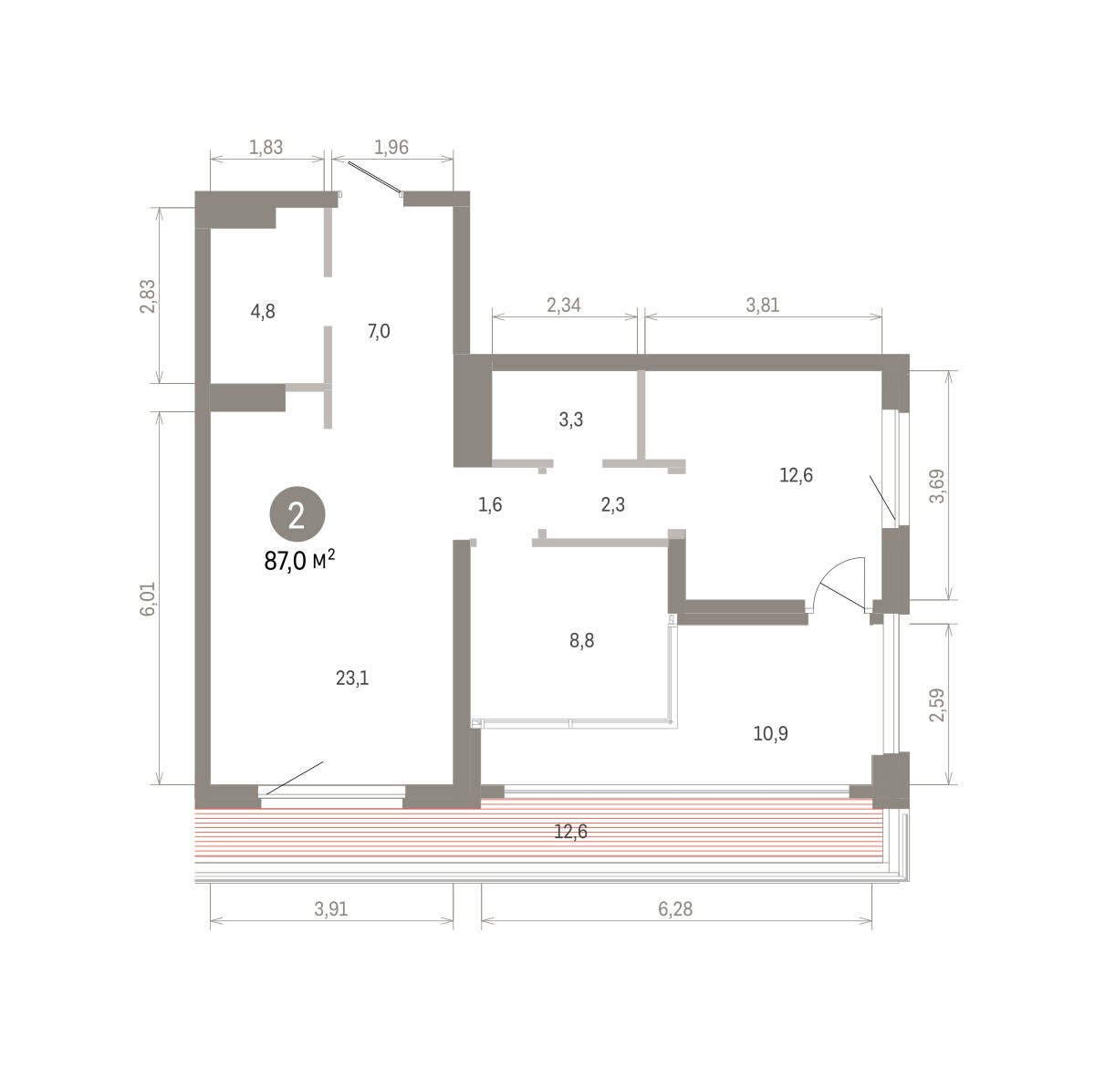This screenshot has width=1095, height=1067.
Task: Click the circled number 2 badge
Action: [297, 514]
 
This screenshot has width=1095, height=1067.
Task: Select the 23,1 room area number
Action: [352, 679]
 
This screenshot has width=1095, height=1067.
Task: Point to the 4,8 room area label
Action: [263, 312]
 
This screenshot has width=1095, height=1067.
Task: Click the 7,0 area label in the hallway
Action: [379, 332]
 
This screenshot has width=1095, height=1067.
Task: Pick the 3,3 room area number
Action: [570, 420]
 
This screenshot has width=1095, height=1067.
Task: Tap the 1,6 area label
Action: [490, 505]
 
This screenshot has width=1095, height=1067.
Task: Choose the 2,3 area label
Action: [613, 505]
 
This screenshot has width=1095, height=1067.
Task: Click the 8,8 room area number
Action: [582, 640]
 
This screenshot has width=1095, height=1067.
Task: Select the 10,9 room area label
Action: [771, 734]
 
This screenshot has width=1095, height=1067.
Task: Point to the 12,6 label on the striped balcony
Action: [570, 832]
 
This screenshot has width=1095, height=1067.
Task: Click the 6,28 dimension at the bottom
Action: [675, 909]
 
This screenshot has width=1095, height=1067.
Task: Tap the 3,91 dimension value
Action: [331, 909]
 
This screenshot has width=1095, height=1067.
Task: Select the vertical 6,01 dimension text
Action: [148, 599]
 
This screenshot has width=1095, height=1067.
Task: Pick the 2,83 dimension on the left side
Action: [148, 296]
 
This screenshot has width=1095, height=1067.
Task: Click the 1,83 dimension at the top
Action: [266, 148]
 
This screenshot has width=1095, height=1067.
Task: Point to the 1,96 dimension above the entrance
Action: [391, 148]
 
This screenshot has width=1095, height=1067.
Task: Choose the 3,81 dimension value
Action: [763, 306]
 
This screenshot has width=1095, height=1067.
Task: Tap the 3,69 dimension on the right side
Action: [937, 487]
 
